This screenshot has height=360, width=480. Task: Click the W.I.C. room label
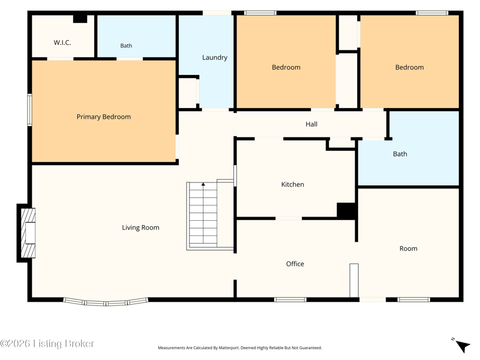(x=62, y=43)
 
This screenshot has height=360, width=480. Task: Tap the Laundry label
(x=215, y=58)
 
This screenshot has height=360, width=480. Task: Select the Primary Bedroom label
(x=103, y=116)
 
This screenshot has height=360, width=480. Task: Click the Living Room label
(x=140, y=227)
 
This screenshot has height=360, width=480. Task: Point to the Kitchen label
(x=293, y=184)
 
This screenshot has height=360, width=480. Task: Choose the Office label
(x=295, y=264)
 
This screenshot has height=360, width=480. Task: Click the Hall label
(x=311, y=124)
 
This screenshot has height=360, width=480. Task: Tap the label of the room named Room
(x=409, y=248)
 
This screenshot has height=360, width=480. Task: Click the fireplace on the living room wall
(x=26, y=233)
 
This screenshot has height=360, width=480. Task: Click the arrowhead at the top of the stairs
(x=203, y=184)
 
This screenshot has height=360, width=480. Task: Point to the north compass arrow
(x=463, y=346)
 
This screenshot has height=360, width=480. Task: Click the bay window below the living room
(x=106, y=302)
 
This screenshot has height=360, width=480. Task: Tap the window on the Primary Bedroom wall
(x=29, y=110)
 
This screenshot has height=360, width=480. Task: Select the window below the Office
(x=290, y=299)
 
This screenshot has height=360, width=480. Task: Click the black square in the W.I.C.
(x=80, y=19)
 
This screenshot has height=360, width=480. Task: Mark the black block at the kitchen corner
(x=346, y=211)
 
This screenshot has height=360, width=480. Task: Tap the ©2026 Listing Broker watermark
(x=47, y=344)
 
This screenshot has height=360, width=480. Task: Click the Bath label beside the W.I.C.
(x=126, y=46)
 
